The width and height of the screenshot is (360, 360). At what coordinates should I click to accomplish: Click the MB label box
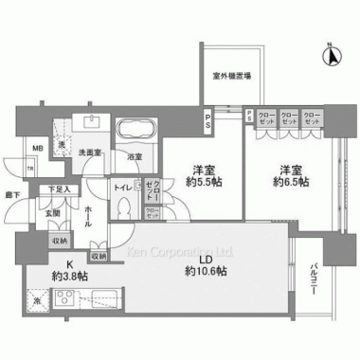(x=37, y=149)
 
